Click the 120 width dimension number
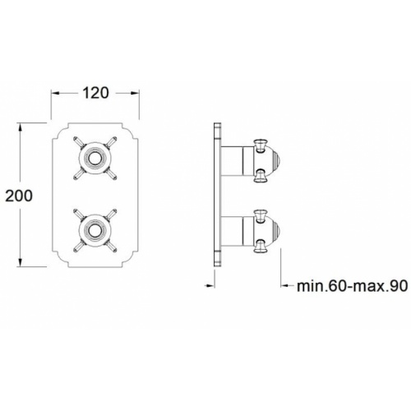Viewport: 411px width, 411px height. pos(96,93)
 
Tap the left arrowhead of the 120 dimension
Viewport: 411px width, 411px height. pos(56,93)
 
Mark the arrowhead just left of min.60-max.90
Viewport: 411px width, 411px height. pos(284,286)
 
